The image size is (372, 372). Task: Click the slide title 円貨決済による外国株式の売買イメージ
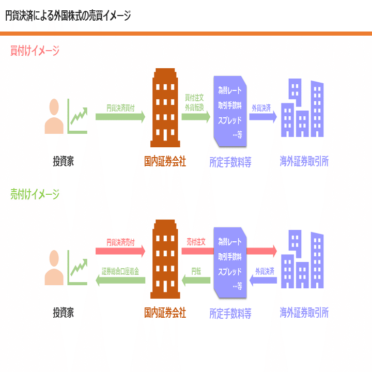(x=68, y=16)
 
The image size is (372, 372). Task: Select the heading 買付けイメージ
(x=35, y=51)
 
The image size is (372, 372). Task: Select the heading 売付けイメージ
(x=35, y=194)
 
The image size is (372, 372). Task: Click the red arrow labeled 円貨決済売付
(x=120, y=251)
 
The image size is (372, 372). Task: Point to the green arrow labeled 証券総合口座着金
(x=120, y=280)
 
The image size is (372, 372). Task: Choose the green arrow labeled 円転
(x=196, y=280)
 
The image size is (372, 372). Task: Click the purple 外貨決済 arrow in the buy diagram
(x=263, y=116)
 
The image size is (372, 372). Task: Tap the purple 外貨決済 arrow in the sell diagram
(x=263, y=280)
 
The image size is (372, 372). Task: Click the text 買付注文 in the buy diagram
(x=195, y=97)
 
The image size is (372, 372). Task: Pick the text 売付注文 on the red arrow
(x=196, y=241)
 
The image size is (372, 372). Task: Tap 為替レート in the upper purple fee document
(x=229, y=91)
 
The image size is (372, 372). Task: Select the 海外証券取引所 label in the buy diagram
(x=304, y=162)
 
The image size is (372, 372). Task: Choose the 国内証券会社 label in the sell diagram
(x=165, y=313)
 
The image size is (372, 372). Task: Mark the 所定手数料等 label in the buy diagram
(x=230, y=162)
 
